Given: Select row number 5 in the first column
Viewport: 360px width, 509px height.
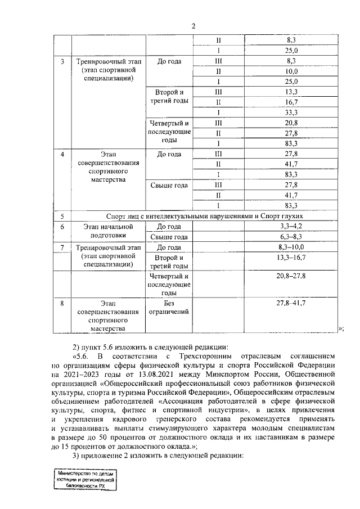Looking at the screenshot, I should (62, 216).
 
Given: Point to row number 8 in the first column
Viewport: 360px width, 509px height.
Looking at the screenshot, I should (62, 303).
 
